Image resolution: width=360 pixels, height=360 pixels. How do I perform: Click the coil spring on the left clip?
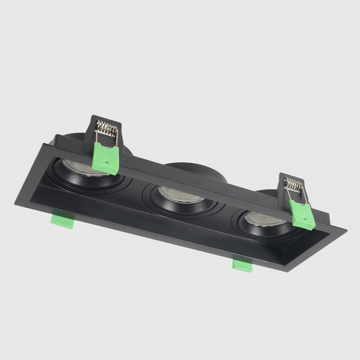[x=107, y=128]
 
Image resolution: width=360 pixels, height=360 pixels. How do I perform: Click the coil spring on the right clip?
[x=294, y=185]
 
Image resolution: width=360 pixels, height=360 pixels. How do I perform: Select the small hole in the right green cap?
[x=305, y=218]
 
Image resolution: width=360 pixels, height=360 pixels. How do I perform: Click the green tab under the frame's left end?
[x=63, y=220]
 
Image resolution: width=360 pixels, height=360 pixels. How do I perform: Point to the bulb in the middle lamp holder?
[x=180, y=195]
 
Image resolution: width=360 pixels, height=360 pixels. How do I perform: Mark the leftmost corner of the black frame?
[x=15, y=204]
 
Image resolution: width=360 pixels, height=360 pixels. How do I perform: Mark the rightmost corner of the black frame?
[x=346, y=229]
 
